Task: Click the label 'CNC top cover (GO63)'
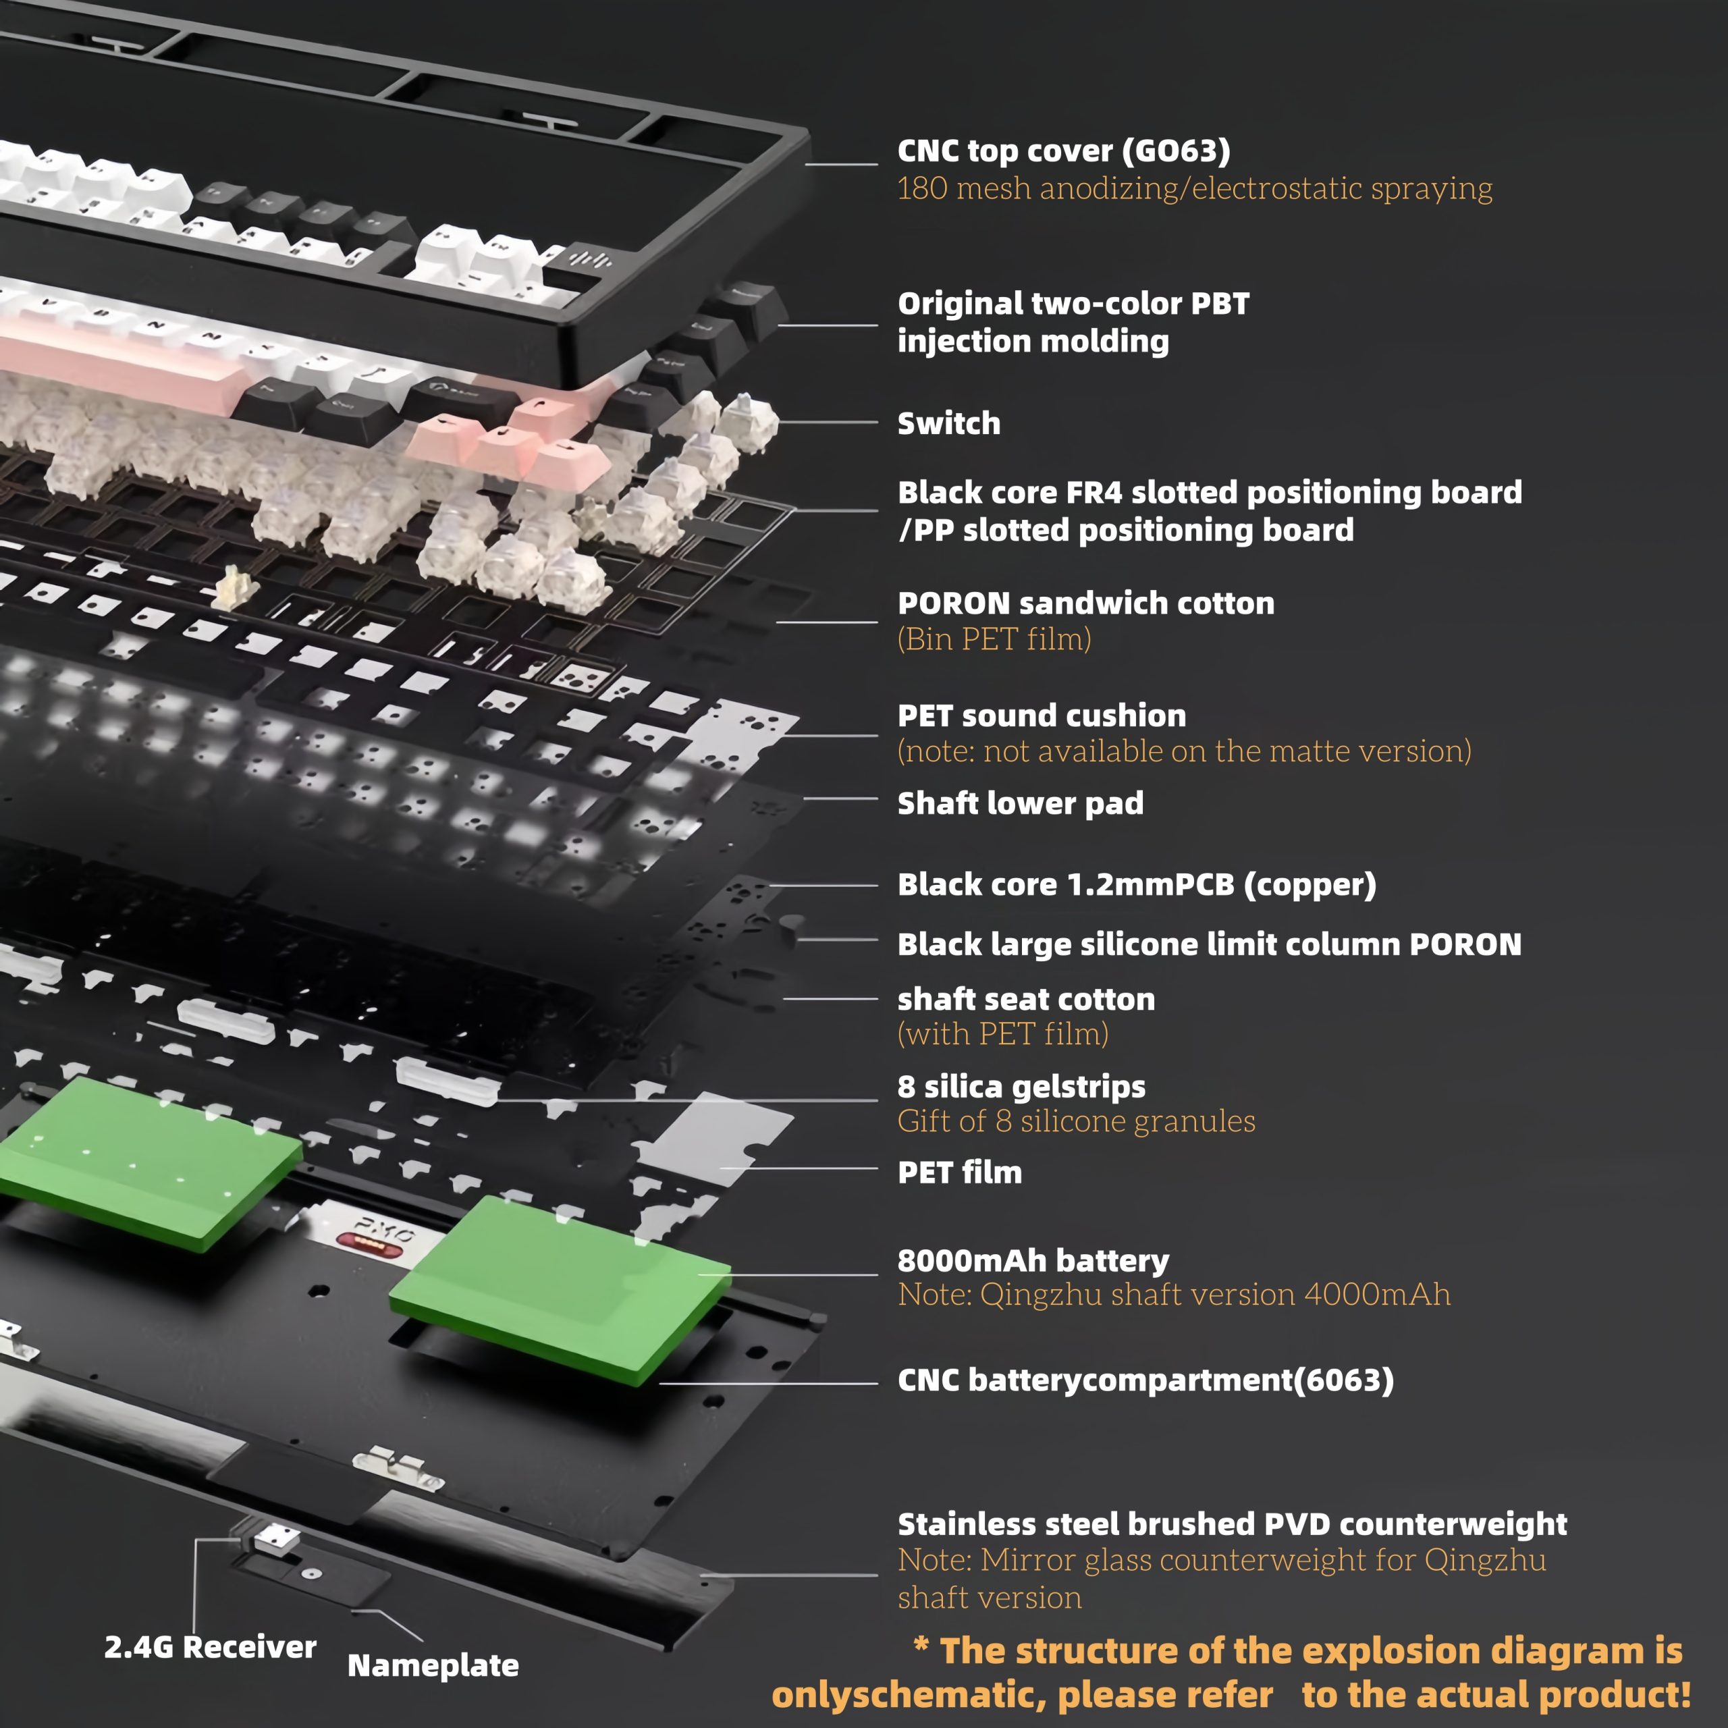(1063, 151)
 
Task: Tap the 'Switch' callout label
(949, 423)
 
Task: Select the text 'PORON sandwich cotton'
(1086, 603)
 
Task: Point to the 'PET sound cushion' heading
(1042, 715)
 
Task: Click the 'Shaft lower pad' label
(1021, 803)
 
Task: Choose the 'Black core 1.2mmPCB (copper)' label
(1137, 884)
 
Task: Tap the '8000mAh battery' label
(1033, 1261)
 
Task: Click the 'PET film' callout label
(960, 1172)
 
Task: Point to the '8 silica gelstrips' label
(1021, 1087)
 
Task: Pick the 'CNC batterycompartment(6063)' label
(1145, 1380)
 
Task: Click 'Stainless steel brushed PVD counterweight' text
(1233, 1524)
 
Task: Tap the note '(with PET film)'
(1002, 1034)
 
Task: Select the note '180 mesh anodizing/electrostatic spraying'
(1195, 189)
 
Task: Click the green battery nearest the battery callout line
(560, 1289)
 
